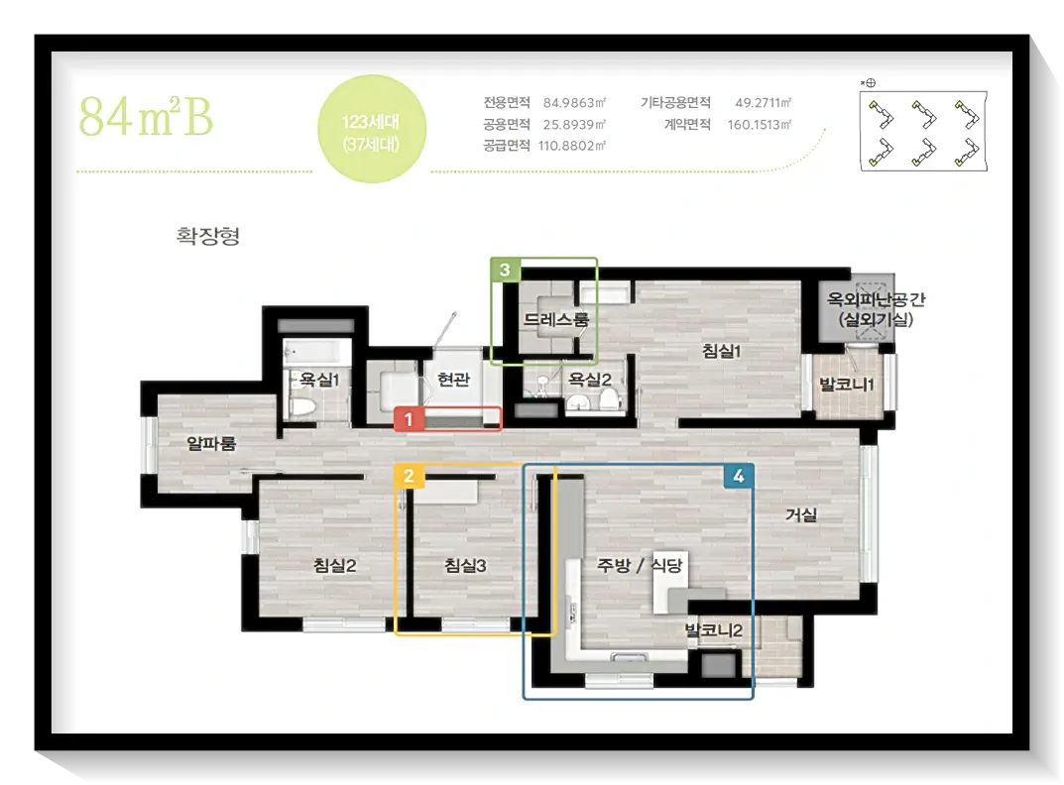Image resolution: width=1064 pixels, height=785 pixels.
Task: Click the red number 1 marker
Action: point(409,419)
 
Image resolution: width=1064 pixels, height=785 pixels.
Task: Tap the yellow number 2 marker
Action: point(409,476)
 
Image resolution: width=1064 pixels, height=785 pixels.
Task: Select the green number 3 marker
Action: point(505,270)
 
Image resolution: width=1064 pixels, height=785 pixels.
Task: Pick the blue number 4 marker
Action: point(739,477)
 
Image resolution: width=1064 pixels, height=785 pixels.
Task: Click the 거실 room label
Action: point(800,515)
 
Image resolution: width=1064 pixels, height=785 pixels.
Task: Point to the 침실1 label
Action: point(721,351)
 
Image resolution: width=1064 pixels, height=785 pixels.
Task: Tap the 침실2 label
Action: point(334,565)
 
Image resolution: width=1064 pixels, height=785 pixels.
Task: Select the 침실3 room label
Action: point(465,565)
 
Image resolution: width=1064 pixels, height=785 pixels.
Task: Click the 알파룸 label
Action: point(211,444)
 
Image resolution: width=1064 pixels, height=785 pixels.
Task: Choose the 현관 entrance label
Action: point(453,379)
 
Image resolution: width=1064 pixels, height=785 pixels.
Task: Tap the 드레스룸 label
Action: point(556,319)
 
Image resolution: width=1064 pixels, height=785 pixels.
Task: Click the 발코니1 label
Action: point(847,385)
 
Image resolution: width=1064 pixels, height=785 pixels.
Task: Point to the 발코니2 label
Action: point(714,630)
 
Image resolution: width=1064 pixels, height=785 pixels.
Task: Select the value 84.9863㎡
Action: point(574,103)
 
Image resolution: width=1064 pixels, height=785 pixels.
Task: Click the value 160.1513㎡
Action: point(760,125)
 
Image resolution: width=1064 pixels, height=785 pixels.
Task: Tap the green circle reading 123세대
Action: point(372,129)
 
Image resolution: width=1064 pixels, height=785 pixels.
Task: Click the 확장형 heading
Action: point(207,236)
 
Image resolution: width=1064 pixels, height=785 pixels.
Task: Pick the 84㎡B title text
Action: point(146,117)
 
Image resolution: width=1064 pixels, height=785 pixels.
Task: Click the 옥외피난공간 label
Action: point(876,299)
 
